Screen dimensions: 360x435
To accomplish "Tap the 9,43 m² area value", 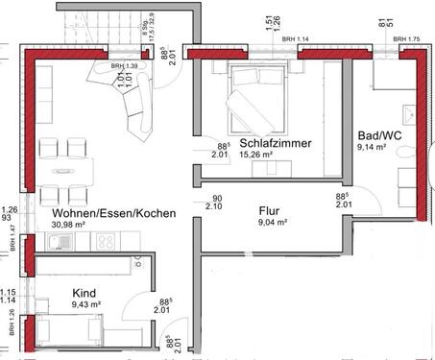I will click(85, 306).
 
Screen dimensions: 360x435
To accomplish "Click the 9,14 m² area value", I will click(372, 148).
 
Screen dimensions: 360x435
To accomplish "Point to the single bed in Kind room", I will click(67, 333).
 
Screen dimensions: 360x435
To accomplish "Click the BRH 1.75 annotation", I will click(407, 39).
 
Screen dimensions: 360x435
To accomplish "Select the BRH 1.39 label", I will click(124, 66).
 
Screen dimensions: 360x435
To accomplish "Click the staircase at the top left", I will click(96, 24).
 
